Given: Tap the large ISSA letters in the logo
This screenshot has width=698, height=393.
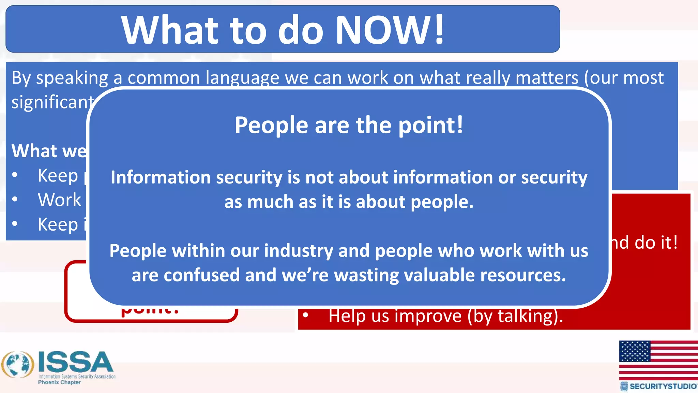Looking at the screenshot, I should click(75, 362).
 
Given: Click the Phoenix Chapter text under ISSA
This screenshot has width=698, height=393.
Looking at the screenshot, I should click(59, 382).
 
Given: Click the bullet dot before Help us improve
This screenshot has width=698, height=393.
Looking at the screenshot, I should click(305, 316).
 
